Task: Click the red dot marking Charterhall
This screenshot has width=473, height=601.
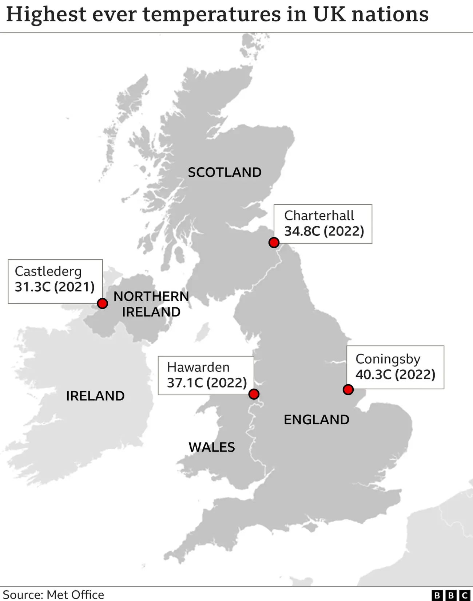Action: (274, 242)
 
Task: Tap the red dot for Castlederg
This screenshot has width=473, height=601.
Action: (103, 303)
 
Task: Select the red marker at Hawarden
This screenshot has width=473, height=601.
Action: (254, 394)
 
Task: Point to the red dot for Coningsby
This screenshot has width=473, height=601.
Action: (348, 389)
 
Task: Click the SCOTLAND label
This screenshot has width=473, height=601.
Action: (224, 172)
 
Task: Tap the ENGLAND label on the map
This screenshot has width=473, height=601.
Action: (317, 420)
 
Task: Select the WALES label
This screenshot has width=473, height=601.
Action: (212, 447)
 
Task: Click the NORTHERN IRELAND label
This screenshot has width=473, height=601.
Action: (151, 304)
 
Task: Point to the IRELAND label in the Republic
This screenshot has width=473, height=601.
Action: (95, 396)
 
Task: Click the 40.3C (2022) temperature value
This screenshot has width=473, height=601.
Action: (396, 374)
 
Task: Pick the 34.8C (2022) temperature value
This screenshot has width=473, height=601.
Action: (324, 231)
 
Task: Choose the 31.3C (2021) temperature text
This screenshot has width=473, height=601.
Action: (55, 287)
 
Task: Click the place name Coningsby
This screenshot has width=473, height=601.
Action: (388, 359)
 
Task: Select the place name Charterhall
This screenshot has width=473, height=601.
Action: (319, 216)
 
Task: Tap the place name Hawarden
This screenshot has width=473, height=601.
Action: (198, 367)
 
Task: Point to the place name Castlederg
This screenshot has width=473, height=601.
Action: (48, 271)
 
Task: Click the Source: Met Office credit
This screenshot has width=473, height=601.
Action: (53, 594)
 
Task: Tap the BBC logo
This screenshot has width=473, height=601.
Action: (451, 595)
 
